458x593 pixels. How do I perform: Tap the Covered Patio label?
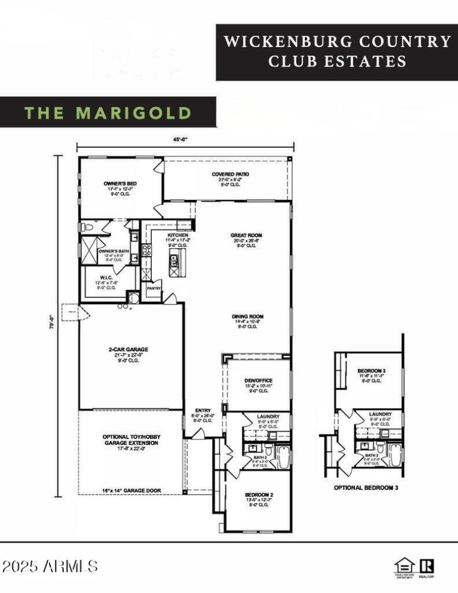click(230, 174)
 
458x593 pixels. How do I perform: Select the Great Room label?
click(246, 235)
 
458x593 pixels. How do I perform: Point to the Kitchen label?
click(178, 235)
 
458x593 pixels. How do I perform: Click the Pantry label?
click(154, 288)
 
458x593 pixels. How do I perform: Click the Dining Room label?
click(247, 317)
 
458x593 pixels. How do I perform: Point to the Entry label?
click(203, 410)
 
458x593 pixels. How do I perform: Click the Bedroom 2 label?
click(259, 495)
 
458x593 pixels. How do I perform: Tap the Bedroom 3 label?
click(372, 371)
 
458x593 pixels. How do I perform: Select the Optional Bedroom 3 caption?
click(366, 488)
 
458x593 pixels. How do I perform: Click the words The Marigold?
click(108, 112)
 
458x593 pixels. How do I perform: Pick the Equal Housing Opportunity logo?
click(404, 566)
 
